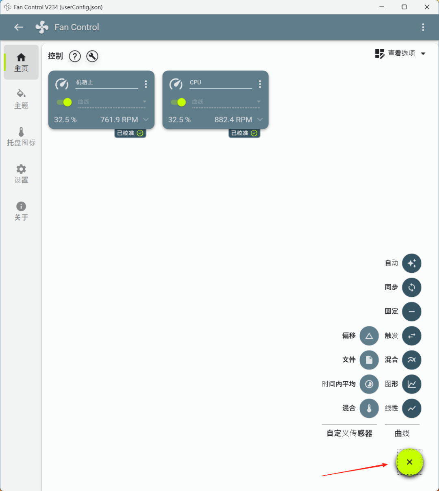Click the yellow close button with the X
point(409,462)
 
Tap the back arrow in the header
point(19,27)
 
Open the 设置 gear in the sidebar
point(21,169)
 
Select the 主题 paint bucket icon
point(21,93)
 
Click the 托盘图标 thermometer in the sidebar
point(21,132)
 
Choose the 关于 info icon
point(21,206)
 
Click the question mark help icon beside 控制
point(75,56)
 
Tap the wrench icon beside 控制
point(92,56)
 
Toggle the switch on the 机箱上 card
point(65,102)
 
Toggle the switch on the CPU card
point(179,102)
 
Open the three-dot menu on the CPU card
point(260,84)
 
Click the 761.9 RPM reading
point(119,120)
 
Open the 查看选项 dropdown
point(401,54)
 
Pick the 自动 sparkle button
point(411,263)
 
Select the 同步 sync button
point(411,287)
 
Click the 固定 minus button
point(411,312)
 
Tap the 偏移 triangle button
point(369,336)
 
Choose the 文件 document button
point(369,360)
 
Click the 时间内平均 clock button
point(369,384)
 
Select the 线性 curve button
point(411,408)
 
